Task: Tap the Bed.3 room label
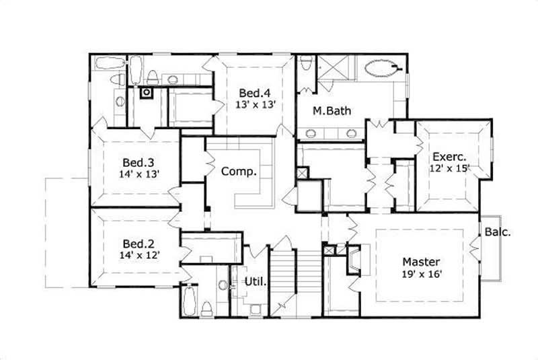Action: coord(139,162)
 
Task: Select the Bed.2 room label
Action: coord(139,244)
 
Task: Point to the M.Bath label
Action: coord(331,112)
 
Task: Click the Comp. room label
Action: coord(239,172)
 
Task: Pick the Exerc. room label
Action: coord(450,157)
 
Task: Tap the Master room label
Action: coord(421,262)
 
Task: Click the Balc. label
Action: coord(498,233)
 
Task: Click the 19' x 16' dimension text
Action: coord(421,274)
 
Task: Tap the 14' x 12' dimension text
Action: coord(139,256)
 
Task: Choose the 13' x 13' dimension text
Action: coord(256,105)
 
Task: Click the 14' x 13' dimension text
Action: coord(139,174)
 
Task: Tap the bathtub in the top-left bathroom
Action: coord(107,65)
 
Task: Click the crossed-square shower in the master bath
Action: coord(331,69)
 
